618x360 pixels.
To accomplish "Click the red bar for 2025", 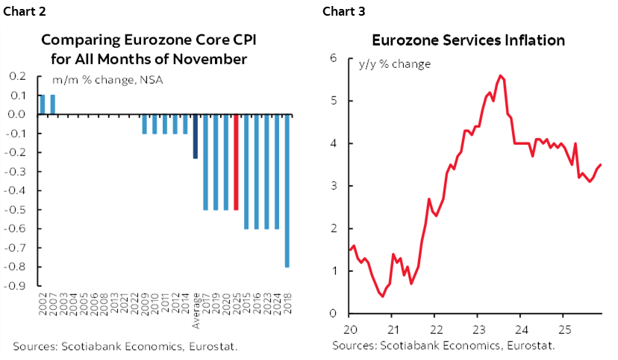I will click(237, 162).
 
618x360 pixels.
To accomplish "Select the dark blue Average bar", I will click(196, 137).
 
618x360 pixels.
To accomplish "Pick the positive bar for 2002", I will click(43, 105).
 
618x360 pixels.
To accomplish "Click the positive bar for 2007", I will click(52, 105).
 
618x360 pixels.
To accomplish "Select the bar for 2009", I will click(145, 124).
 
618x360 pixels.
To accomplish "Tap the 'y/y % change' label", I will click(395, 64).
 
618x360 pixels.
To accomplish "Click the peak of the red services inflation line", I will click(500, 75).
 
